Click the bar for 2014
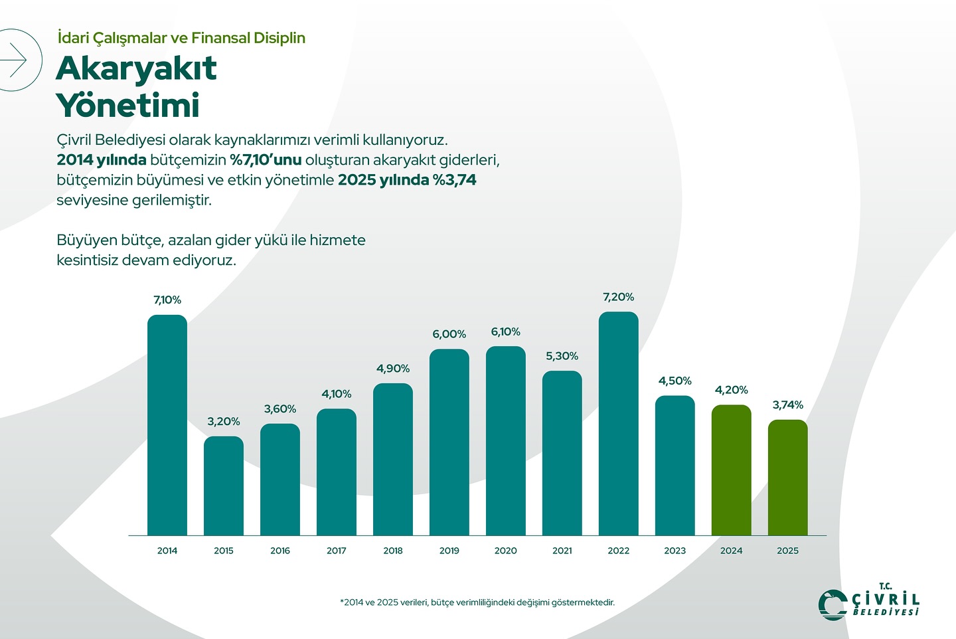[x=167, y=425]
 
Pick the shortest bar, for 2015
[x=224, y=486]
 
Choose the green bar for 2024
[x=732, y=470]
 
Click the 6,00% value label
[x=449, y=334]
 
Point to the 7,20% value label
[x=619, y=297]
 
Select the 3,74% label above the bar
[x=788, y=405]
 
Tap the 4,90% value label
[x=393, y=369]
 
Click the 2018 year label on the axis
[x=393, y=551]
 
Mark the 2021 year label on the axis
[x=562, y=551]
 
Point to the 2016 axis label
[x=280, y=551]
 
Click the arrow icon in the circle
[x=15, y=60]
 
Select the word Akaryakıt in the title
[x=137, y=68]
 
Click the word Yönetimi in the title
[x=128, y=106]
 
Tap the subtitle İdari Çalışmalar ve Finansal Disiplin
[x=181, y=38]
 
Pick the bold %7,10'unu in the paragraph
[x=266, y=160]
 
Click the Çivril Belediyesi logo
[x=869, y=602]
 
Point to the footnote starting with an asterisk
[x=477, y=602]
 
